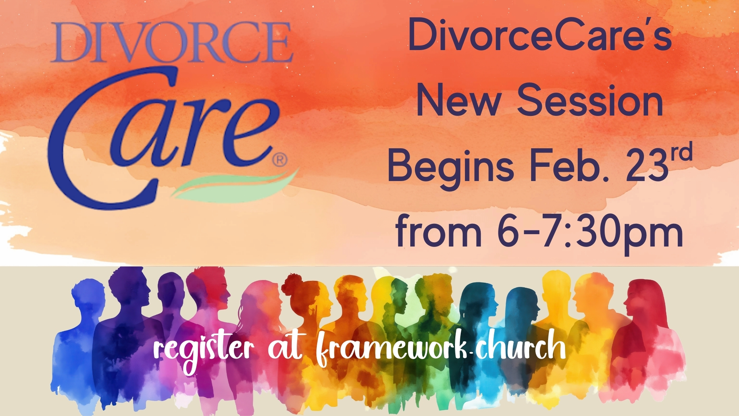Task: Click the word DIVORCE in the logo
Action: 172,42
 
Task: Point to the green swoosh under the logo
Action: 235,186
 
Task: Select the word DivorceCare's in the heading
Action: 540,35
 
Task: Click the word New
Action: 458,101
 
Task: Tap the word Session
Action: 590,101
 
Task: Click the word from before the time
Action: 439,231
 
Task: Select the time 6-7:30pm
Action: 590,233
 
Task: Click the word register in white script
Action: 204,350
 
